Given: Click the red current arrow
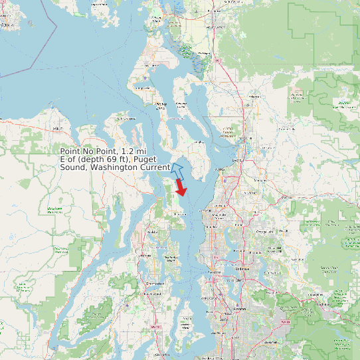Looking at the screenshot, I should point(181,187).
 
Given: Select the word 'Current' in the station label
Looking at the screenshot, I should point(155,168).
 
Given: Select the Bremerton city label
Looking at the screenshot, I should point(154,283).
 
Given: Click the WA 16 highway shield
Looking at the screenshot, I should point(157,327).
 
